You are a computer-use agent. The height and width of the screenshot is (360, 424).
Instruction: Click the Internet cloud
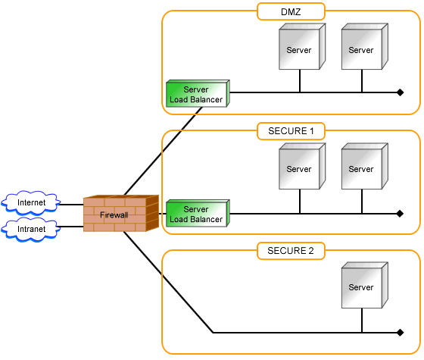click(x=31, y=203)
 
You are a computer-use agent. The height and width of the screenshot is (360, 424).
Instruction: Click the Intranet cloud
click(x=30, y=229)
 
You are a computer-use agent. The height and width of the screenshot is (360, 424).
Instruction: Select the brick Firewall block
click(x=121, y=214)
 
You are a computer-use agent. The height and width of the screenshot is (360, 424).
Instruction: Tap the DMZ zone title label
click(x=291, y=11)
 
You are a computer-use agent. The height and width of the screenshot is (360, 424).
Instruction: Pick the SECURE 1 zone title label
click(x=291, y=131)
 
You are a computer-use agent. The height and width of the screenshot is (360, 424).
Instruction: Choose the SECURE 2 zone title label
click(x=291, y=251)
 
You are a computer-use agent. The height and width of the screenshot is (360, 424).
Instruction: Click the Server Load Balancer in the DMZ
click(x=198, y=94)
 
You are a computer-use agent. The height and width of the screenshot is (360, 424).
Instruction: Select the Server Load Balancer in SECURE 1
click(x=198, y=213)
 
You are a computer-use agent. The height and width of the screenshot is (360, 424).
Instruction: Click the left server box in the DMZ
click(x=302, y=46)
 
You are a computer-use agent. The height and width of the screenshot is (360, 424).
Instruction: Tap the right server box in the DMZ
click(x=365, y=46)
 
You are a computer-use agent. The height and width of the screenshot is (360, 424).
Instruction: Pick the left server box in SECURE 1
click(x=302, y=166)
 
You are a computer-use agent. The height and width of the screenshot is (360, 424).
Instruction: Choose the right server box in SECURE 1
click(x=365, y=166)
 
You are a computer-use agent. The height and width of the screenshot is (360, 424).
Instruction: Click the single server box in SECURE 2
click(x=365, y=285)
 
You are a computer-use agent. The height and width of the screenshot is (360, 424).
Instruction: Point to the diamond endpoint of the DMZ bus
click(x=401, y=92)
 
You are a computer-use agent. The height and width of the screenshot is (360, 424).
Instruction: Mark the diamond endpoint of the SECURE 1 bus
click(x=401, y=214)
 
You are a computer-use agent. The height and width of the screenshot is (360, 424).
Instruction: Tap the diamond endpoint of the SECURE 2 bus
click(x=401, y=333)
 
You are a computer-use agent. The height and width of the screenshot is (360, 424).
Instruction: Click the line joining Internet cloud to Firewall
click(x=71, y=205)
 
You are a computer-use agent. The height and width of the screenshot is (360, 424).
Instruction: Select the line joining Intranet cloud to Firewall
click(x=70, y=227)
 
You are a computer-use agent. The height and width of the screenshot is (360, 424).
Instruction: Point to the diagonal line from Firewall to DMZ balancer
click(x=163, y=151)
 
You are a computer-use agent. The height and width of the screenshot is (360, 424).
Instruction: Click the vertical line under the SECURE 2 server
click(x=362, y=321)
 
